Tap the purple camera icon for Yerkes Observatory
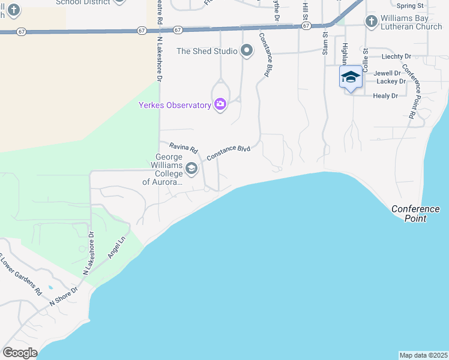(x=220, y=105)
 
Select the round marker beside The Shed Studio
(x=247, y=51)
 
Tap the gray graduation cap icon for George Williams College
(x=191, y=169)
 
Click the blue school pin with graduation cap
(x=351, y=78)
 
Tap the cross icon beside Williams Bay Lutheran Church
(x=371, y=22)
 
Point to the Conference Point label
(x=415, y=214)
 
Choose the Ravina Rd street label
(x=183, y=147)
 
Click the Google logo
(x=20, y=353)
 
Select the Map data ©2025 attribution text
(x=423, y=355)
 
